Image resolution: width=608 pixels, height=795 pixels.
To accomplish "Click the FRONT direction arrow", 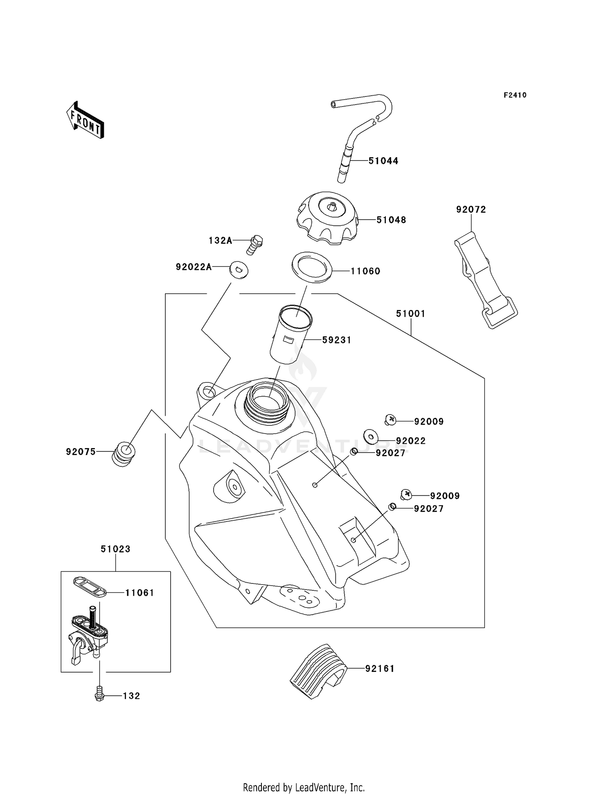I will [x=86, y=120].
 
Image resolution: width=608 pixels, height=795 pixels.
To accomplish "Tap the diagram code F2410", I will [x=515, y=95].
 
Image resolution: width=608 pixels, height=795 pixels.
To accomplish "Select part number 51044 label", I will [x=383, y=161].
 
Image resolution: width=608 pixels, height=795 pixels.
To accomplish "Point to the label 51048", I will [x=391, y=220].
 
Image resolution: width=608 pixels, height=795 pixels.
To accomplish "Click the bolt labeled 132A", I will [x=255, y=244].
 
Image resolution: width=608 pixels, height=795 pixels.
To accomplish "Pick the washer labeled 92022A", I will [x=239, y=270].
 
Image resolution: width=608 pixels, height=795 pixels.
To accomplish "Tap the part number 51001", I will [x=411, y=314].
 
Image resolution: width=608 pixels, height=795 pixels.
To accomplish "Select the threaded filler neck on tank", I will [x=266, y=403].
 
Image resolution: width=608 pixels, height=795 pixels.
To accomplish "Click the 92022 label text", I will [x=411, y=441].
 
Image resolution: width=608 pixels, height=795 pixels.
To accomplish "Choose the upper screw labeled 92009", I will [x=390, y=420].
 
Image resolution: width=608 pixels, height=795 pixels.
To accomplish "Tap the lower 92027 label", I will [x=428, y=509].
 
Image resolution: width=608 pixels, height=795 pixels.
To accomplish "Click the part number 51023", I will [x=116, y=549].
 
